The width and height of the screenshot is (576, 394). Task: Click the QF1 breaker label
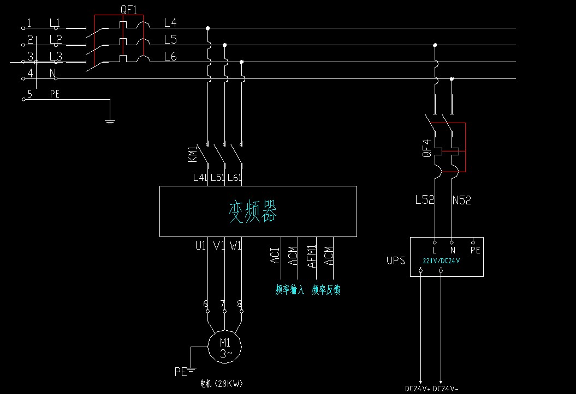pos(129,9)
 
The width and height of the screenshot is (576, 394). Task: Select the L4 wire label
pos(170,22)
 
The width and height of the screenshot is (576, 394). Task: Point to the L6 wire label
pos(170,56)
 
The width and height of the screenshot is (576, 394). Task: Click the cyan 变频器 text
pos(253,211)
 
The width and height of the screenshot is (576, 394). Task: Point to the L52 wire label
pos(425,200)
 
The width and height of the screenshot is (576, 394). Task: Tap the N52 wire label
pos(461,200)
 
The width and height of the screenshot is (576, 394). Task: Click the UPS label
pos(396,260)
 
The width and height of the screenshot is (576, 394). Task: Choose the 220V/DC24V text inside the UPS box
pos(441,260)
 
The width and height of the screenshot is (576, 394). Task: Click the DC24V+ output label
pos(418,389)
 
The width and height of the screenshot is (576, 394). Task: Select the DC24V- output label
pos(446,389)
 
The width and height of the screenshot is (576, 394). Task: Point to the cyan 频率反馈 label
pos(326,289)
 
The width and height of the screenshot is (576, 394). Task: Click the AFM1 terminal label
pos(311,255)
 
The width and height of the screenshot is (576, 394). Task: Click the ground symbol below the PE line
pos(110,120)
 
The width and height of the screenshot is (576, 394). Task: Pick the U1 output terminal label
pos(200,246)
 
